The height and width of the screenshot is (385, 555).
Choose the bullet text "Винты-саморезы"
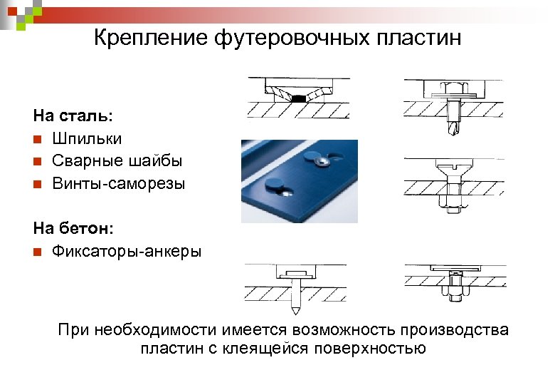pos(118,184)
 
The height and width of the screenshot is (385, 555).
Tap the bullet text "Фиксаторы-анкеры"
pos(127,251)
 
